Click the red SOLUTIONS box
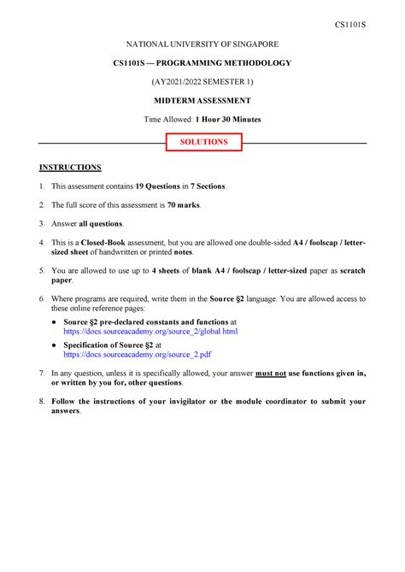[202, 142]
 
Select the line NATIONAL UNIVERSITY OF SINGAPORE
[202, 44]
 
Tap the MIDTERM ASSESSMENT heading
[202, 100]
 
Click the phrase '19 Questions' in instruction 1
[158, 186]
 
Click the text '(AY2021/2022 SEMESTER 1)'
[202, 81]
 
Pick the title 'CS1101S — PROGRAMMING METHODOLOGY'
[202, 63]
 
